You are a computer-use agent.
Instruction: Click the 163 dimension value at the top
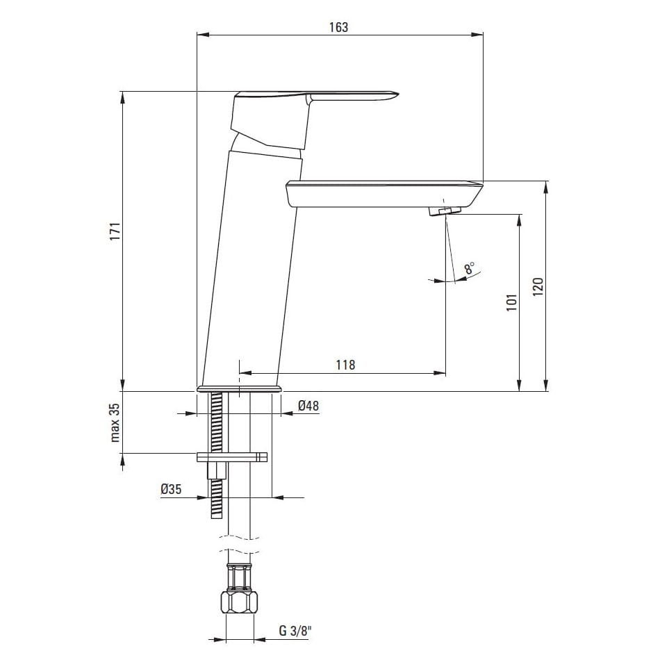pyautogui.click(x=339, y=27)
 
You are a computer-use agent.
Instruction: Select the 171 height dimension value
pyautogui.click(x=115, y=231)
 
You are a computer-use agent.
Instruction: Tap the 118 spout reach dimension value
pyautogui.click(x=345, y=365)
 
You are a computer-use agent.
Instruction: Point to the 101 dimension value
pyautogui.click(x=511, y=302)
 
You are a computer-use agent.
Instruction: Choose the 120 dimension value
pyautogui.click(x=538, y=287)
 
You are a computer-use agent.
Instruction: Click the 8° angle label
pyautogui.click(x=470, y=268)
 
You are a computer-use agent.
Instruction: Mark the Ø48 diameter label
pyautogui.click(x=308, y=405)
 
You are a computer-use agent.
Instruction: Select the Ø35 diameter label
pyautogui.click(x=171, y=489)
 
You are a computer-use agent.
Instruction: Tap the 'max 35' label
pyautogui.click(x=115, y=422)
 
